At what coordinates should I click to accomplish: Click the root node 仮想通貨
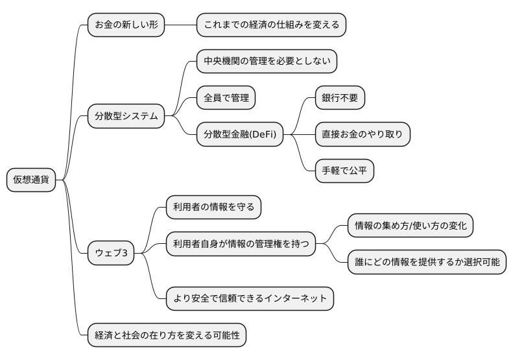click(x=31, y=180)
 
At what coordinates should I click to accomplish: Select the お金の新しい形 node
click(x=126, y=25)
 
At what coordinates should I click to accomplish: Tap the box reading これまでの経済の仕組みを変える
click(x=272, y=25)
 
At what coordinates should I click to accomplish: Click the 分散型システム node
click(x=126, y=117)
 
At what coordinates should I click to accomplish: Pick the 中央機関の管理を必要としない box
click(x=267, y=62)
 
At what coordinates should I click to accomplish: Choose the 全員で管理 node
click(x=226, y=99)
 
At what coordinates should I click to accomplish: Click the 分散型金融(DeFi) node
click(x=240, y=135)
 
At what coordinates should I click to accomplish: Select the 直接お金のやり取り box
click(x=363, y=135)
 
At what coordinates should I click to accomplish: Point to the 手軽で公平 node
click(x=344, y=171)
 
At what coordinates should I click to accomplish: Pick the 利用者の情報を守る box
click(x=213, y=207)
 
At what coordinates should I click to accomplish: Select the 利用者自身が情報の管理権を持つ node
click(x=241, y=244)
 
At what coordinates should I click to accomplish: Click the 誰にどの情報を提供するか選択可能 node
click(x=427, y=262)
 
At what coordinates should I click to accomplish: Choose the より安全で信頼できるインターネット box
click(x=250, y=298)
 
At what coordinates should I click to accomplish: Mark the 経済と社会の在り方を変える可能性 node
click(x=167, y=335)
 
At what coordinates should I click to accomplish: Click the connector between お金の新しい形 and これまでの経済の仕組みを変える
click(x=180, y=25)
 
